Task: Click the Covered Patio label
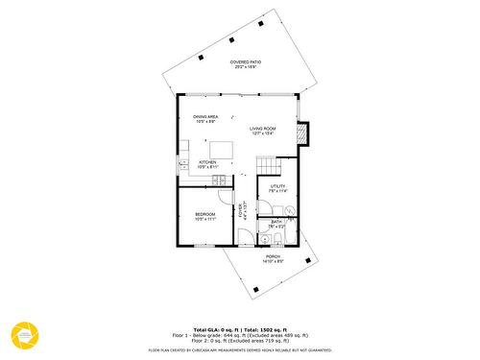pos(245,65)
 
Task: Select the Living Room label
pos(263,131)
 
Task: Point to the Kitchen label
pos(207,164)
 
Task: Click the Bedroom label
pos(205,216)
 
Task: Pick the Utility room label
pos(278,188)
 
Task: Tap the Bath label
pos(276,224)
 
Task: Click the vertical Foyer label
pos(243,212)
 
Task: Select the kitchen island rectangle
pos(221,149)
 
